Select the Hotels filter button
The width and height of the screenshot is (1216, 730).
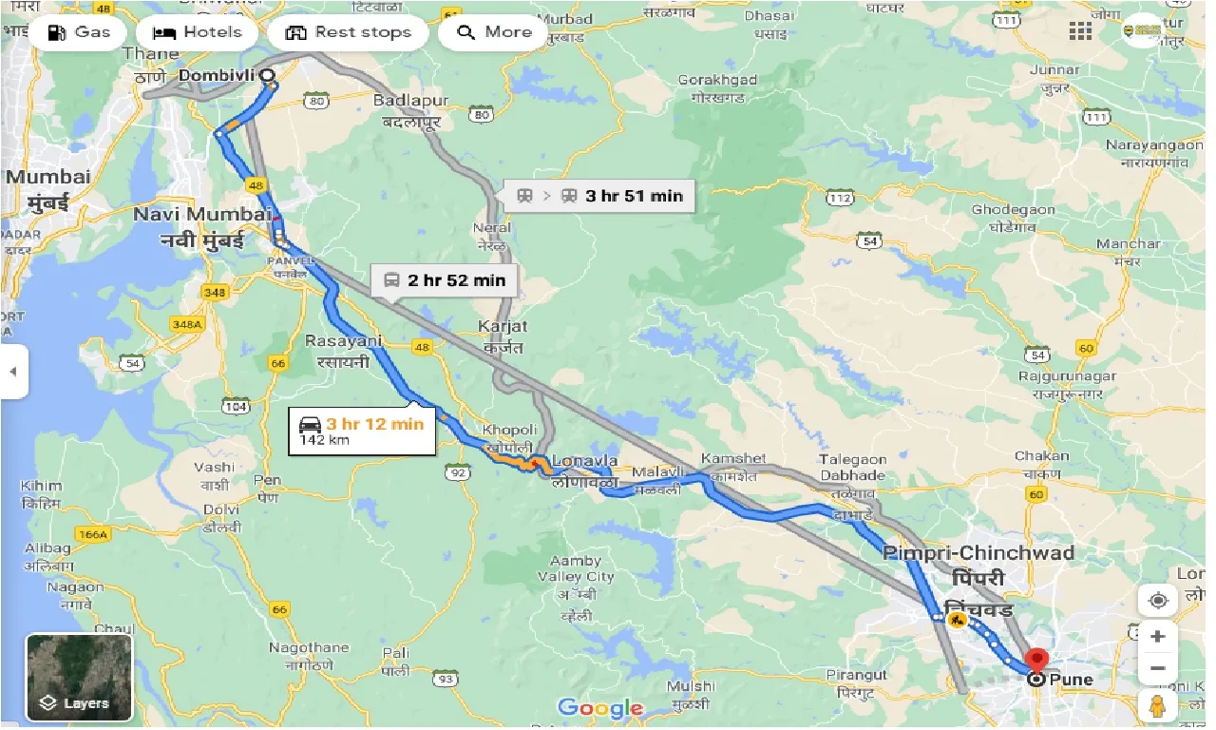coord(197,32)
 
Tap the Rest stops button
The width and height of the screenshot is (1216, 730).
coord(349,32)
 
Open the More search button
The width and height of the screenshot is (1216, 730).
coord(493,32)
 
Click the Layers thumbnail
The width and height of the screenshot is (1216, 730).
coord(79,676)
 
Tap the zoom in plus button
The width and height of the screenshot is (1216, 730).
coord(1157,636)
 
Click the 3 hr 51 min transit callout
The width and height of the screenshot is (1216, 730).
coord(599,196)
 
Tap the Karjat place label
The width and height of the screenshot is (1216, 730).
coord(503,325)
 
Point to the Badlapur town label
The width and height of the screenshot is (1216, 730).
coord(410,101)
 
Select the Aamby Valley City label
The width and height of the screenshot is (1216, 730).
coord(576,568)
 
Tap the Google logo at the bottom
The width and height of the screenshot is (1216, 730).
coord(600,707)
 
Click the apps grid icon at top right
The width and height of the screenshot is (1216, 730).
coord(1080,31)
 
